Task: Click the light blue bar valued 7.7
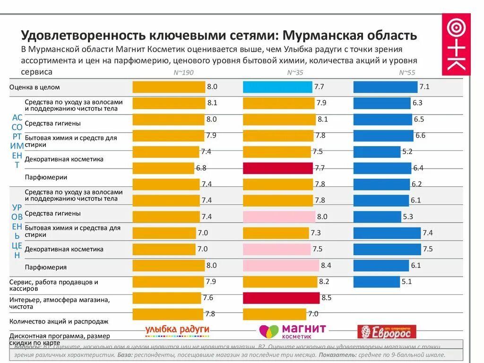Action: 277,87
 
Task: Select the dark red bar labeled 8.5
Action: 281,298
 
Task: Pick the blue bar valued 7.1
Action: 385,87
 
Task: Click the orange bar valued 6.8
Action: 164,168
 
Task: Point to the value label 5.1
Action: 406,282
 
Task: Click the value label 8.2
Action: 324,282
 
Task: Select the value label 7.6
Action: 207,298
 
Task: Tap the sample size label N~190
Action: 183,72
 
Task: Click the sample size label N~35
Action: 295,72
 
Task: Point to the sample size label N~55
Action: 407,72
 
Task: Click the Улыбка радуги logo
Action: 177,329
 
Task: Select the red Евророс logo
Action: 387,332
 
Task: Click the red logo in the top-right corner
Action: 456,44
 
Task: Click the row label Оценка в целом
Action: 35,87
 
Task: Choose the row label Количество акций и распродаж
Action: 59,321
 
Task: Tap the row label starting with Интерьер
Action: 59,303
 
